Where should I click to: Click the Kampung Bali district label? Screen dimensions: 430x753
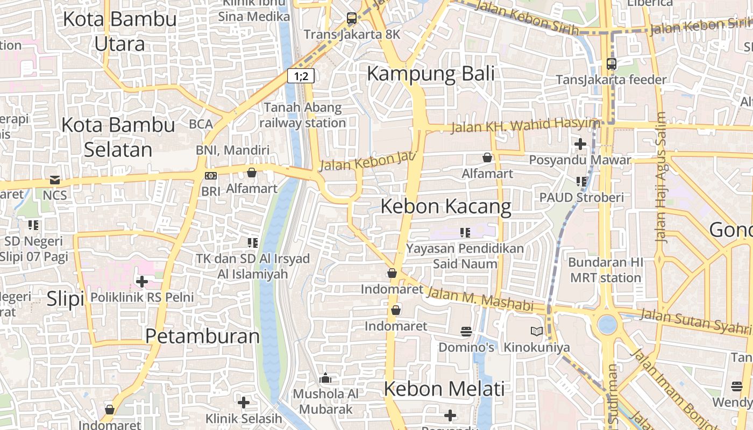tap(430, 74)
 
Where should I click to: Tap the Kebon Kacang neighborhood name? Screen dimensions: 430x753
tap(446, 206)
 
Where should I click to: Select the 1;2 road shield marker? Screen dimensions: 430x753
tap(301, 76)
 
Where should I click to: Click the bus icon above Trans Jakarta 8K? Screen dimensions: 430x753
tap(352, 18)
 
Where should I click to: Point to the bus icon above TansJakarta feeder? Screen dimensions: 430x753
tap(611, 63)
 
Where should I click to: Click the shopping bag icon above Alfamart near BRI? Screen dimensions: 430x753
tap(251, 173)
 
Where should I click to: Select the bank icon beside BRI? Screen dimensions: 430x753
tap(211, 175)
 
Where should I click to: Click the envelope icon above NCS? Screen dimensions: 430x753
tap(55, 180)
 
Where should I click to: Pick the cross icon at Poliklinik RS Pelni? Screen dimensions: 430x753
tap(142, 281)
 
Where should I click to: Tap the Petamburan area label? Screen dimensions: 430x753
tap(202, 336)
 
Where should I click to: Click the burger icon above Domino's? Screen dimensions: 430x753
tap(466, 331)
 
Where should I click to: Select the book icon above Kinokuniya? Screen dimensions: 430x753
tap(536, 331)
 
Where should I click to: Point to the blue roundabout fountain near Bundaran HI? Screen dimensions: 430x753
tap(607, 324)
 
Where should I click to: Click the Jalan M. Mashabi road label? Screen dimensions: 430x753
tap(479, 299)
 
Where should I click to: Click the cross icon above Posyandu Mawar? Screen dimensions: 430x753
tap(580, 144)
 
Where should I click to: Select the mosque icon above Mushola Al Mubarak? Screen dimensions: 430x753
tap(325, 378)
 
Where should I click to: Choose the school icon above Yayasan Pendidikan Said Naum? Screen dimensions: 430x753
tap(465, 233)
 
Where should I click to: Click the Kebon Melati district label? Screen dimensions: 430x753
tap(444, 389)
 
